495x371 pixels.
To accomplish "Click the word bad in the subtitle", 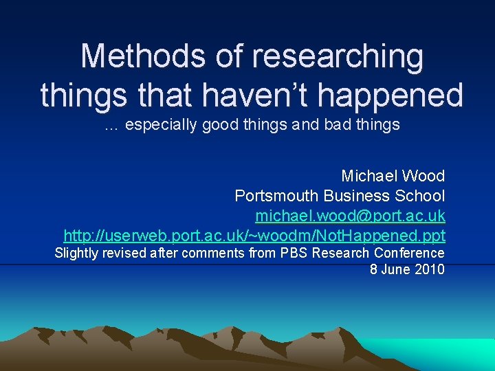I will pos(339,125).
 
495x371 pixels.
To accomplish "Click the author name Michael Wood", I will pos(393,176).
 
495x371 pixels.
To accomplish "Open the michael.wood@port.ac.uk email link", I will pos(350,216).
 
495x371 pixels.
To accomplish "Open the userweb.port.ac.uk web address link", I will pos(254,236).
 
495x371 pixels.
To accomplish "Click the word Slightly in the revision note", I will pos(77,253).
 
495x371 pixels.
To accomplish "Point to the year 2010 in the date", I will pos(430,269).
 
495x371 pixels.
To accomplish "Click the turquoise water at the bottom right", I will pos(454,354).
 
